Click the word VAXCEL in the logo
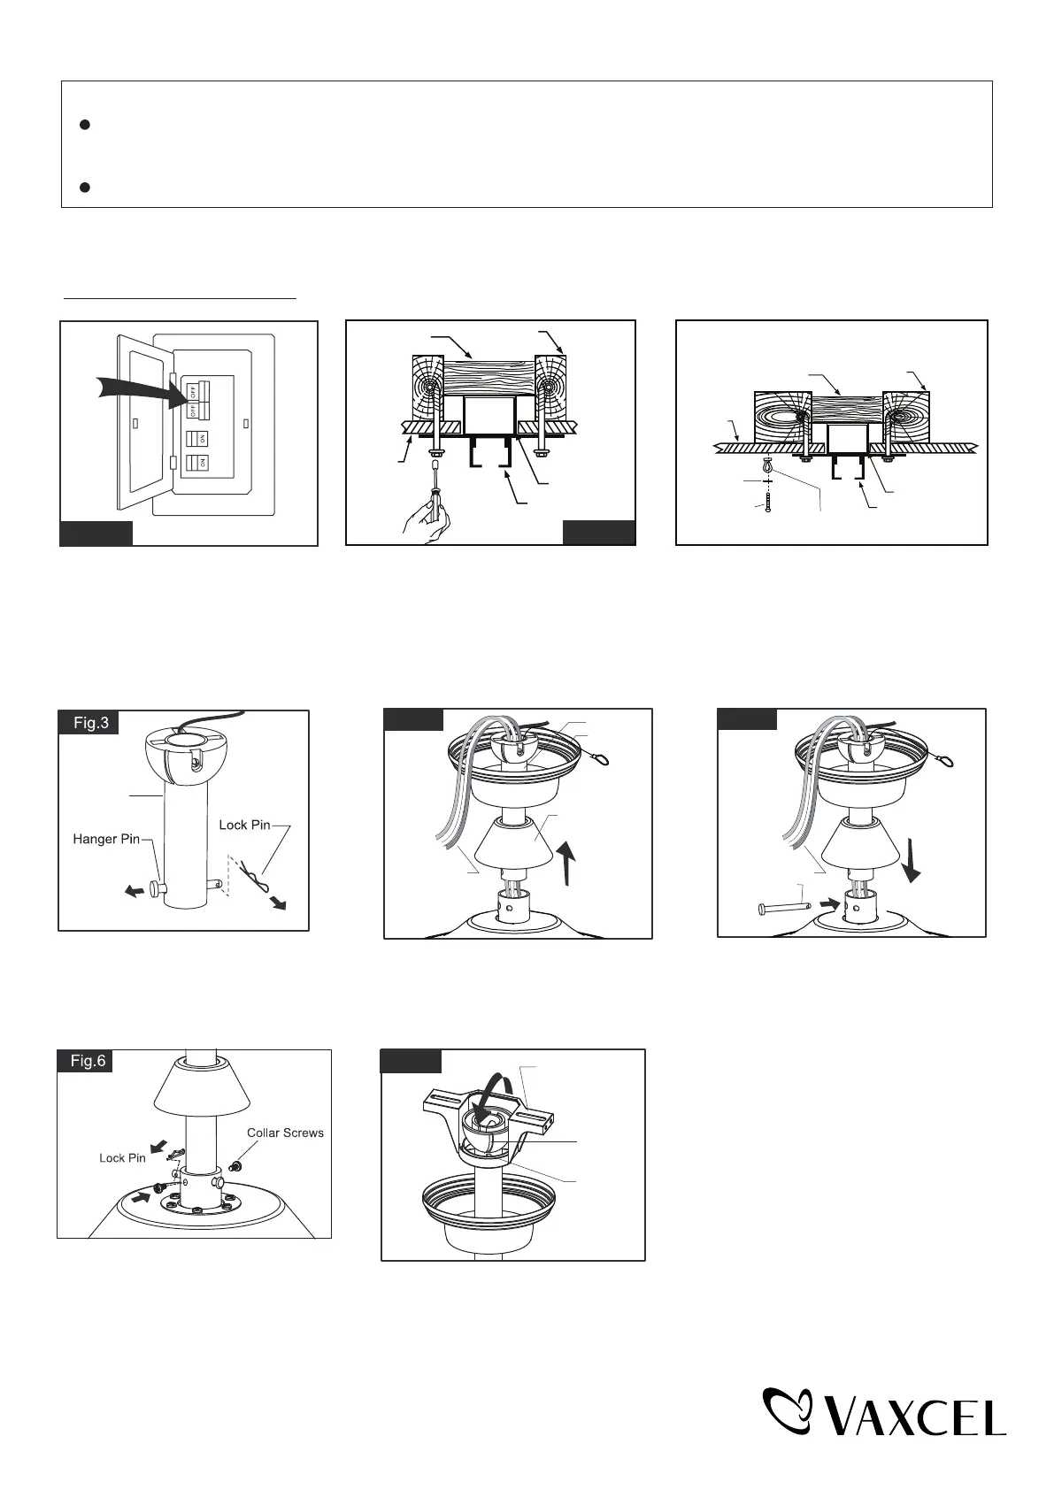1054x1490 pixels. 915,1416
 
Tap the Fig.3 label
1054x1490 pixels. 90,723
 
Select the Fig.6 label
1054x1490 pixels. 87,1061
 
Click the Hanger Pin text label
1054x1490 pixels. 106,839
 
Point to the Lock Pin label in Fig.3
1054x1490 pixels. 244,825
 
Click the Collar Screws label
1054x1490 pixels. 285,1133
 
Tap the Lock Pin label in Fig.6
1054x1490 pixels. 122,1158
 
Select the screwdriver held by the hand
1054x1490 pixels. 435,488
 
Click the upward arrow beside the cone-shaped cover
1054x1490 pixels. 566,862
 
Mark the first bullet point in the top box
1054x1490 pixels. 86,125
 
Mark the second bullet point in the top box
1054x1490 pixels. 86,187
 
